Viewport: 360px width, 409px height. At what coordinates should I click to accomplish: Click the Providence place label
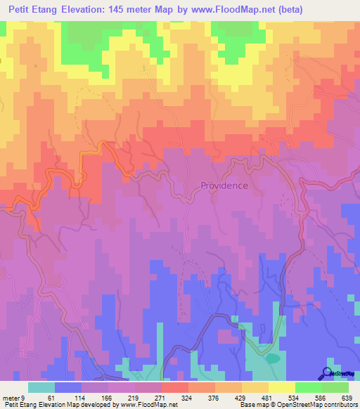[224, 186]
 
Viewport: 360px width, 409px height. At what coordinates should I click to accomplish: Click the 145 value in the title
[131, 10]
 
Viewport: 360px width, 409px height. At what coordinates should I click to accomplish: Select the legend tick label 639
[346, 397]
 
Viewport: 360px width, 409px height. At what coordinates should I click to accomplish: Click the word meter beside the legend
[11, 397]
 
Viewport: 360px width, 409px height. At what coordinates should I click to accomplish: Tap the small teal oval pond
[271, 358]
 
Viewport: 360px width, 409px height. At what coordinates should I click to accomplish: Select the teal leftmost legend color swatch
[41, 387]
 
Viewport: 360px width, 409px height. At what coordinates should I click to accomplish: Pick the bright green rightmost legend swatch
[335, 387]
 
